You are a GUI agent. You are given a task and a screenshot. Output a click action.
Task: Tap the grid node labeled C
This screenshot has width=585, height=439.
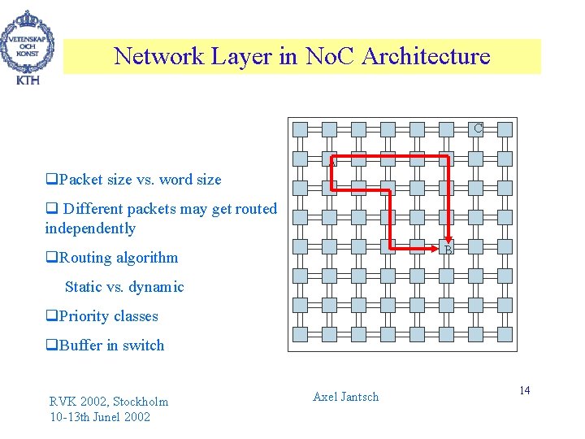478,128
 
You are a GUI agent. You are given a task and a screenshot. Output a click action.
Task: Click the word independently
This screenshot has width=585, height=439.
90,228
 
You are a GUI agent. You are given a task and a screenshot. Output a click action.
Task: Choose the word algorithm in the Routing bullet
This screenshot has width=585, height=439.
147,258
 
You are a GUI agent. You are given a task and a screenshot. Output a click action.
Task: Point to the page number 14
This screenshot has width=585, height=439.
525,391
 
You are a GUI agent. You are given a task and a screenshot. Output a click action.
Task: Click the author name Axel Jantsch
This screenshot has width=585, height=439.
345,397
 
